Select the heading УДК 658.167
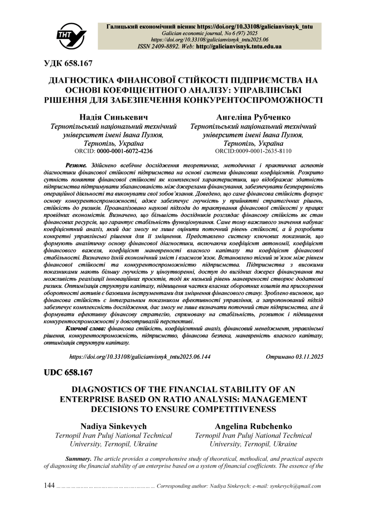coord(68,64)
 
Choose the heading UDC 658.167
coord(68,373)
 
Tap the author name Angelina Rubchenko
coord(253,426)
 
